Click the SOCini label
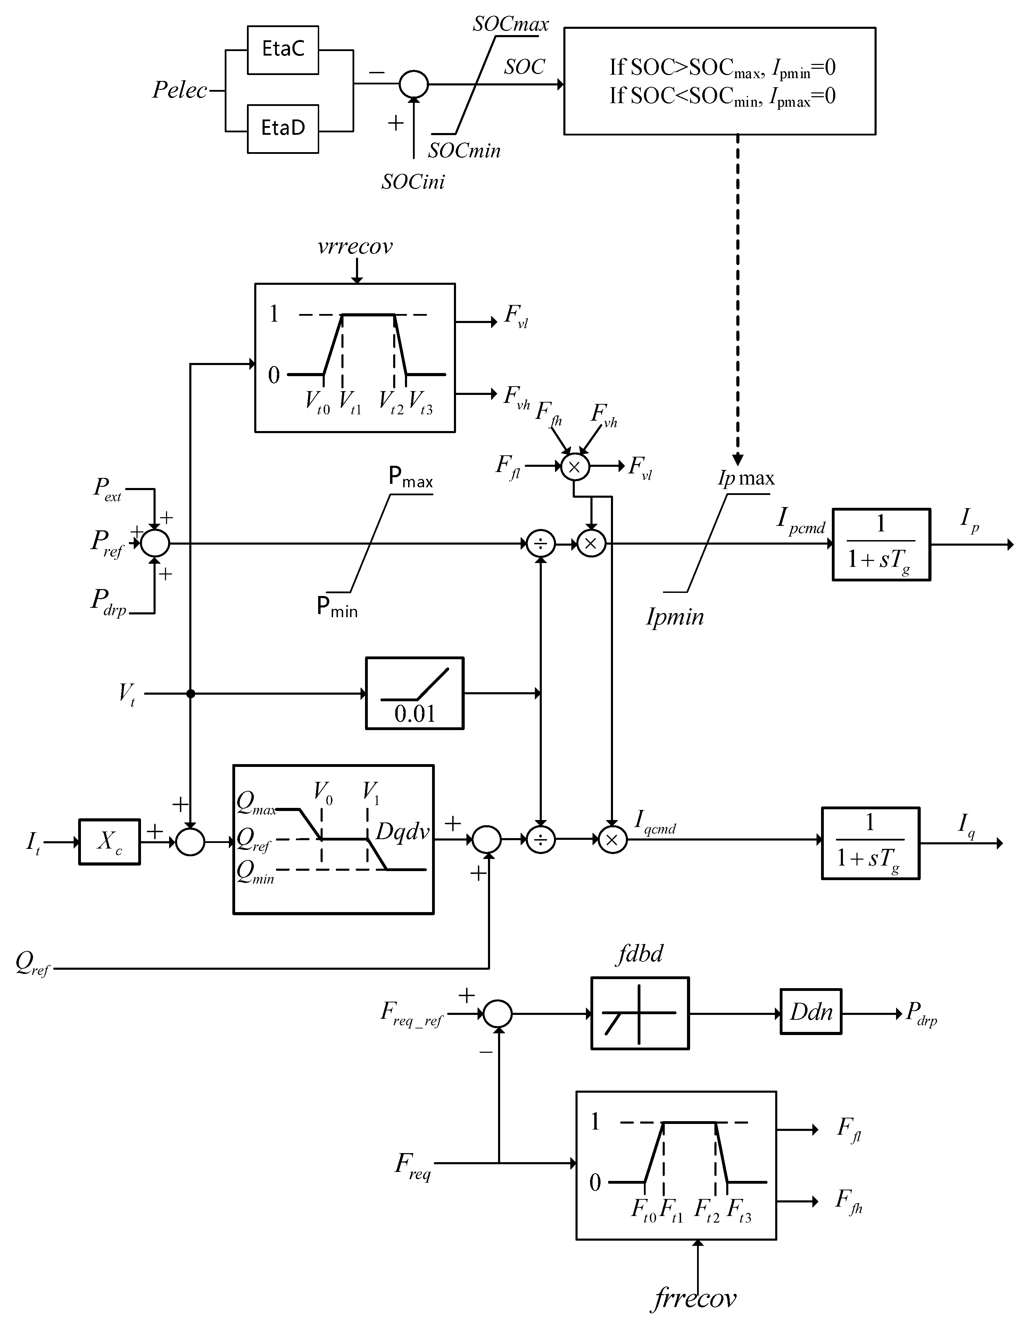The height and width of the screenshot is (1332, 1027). coord(413,182)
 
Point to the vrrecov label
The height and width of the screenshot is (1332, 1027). coord(355,246)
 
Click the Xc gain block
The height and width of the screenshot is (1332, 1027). coord(109,842)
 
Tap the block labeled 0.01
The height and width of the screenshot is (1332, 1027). coord(414,694)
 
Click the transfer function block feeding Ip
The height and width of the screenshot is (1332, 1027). coord(881,544)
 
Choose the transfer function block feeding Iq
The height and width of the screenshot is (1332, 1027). coord(870,843)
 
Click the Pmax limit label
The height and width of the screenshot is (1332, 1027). coord(411,477)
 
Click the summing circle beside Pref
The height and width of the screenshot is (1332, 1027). coord(155,543)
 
